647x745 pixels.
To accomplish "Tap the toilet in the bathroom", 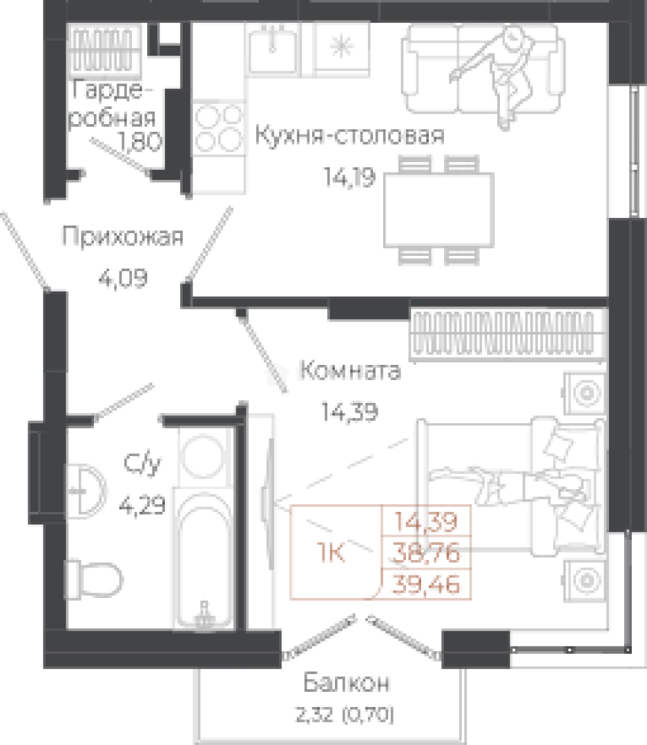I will [x=86, y=490].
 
